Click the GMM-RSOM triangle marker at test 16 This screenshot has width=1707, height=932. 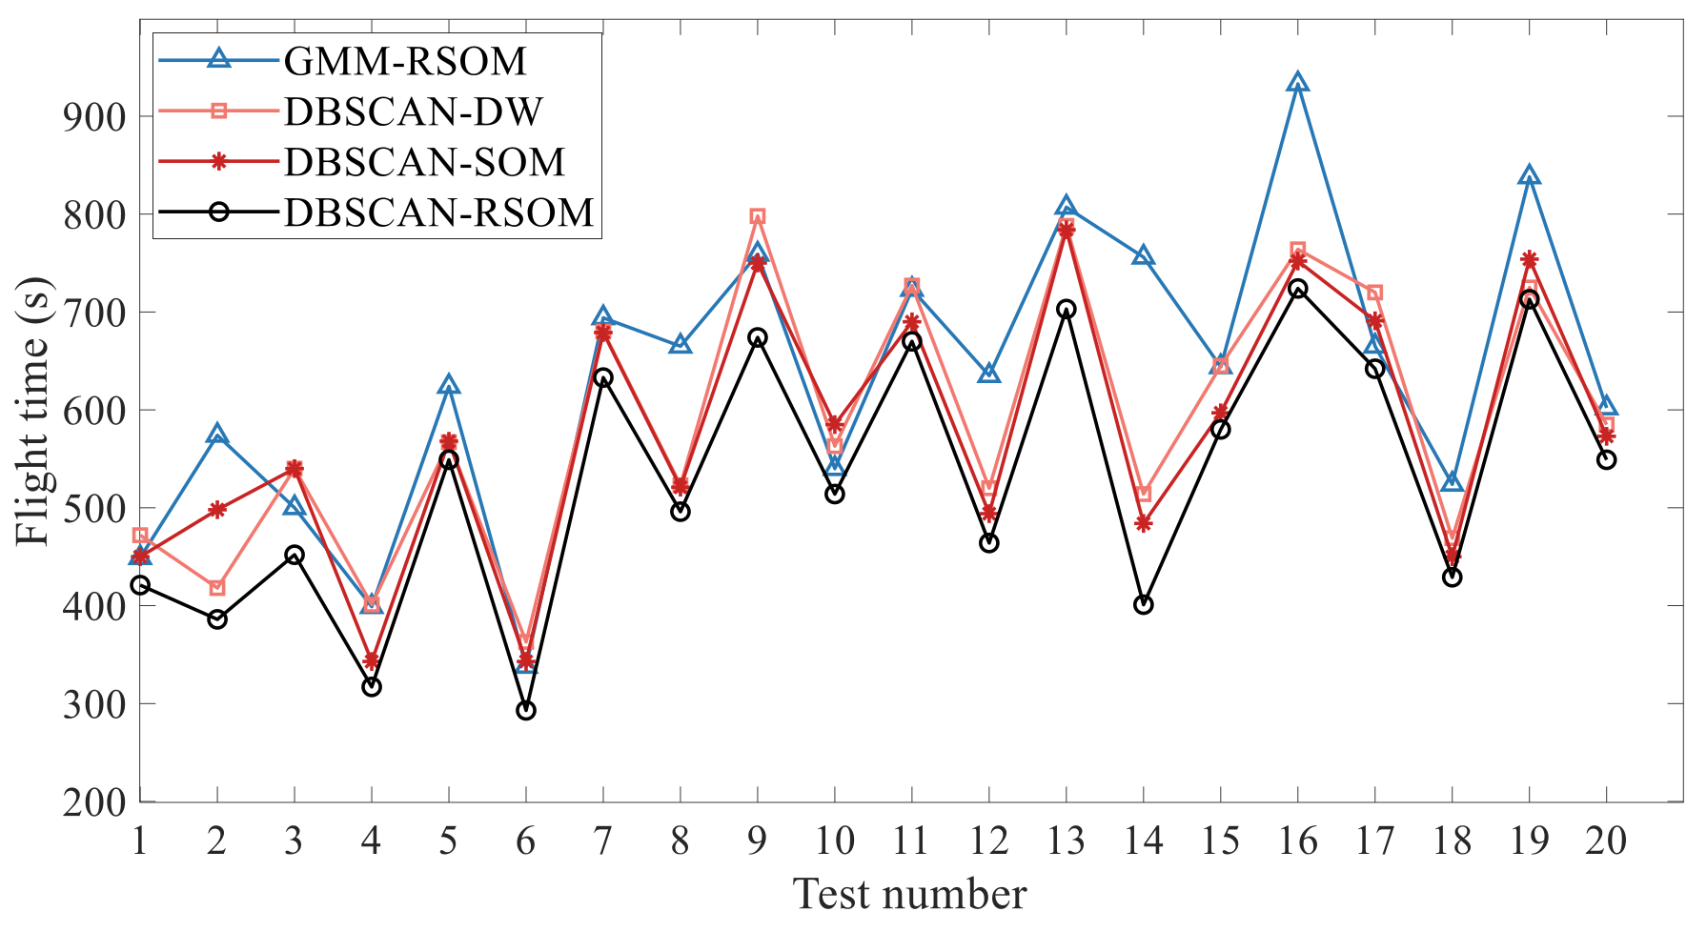point(1297,84)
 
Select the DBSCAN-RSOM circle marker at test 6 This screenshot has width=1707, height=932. point(526,710)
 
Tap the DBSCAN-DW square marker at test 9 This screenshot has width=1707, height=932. point(758,217)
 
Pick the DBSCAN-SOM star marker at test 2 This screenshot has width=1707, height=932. point(217,510)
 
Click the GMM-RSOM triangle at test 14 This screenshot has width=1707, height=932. point(1144,257)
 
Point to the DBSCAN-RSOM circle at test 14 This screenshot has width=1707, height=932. point(1144,604)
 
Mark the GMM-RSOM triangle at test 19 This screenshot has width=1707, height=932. point(1529,176)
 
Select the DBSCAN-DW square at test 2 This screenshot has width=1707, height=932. point(217,588)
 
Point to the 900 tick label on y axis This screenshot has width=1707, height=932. point(94,117)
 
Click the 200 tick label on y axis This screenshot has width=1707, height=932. point(94,802)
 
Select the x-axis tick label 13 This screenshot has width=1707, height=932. point(1066,841)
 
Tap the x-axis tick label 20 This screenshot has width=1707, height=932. point(1606,841)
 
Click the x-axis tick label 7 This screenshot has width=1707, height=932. point(603,841)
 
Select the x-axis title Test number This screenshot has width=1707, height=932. point(909,895)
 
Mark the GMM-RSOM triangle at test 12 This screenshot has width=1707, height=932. point(989,374)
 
